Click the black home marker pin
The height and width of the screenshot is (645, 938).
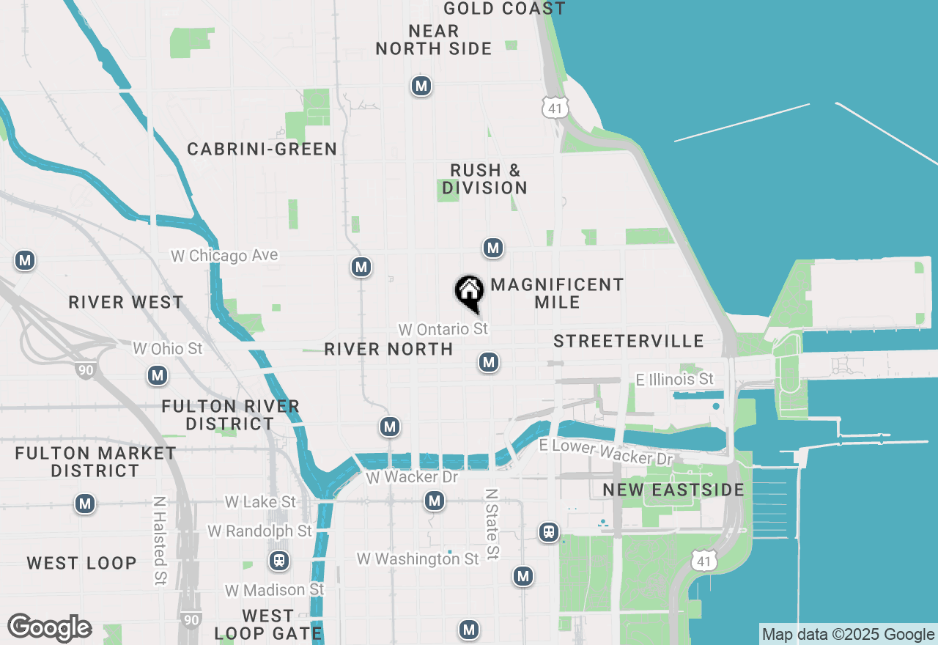[x=469, y=292]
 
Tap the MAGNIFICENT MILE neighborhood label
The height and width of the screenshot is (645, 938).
[x=557, y=293]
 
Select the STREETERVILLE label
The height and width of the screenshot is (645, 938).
[x=629, y=341]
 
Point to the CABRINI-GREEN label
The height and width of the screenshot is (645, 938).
[x=262, y=150]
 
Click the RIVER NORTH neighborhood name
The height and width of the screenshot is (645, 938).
[x=388, y=349]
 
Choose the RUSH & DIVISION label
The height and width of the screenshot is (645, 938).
[x=484, y=180]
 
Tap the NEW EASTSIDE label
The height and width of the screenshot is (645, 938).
[x=673, y=490]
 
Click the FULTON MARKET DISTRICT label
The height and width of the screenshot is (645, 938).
[x=96, y=462]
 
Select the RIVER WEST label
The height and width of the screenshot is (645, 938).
[x=126, y=303]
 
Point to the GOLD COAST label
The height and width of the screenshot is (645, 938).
[x=504, y=9]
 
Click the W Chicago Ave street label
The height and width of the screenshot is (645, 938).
[x=224, y=256]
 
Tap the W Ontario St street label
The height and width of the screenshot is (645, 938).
[x=443, y=329]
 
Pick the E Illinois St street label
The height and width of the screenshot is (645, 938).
[x=674, y=379]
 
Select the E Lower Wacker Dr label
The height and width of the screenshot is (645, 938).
[x=605, y=452]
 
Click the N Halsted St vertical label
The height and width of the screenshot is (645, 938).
[x=159, y=541]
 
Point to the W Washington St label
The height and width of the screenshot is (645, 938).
[x=418, y=559]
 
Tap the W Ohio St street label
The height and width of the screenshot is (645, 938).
[x=167, y=348]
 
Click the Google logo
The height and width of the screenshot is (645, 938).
[x=49, y=628]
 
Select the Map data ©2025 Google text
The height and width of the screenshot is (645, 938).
[x=848, y=635]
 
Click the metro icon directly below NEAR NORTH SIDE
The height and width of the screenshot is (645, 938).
[x=421, y=86]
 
